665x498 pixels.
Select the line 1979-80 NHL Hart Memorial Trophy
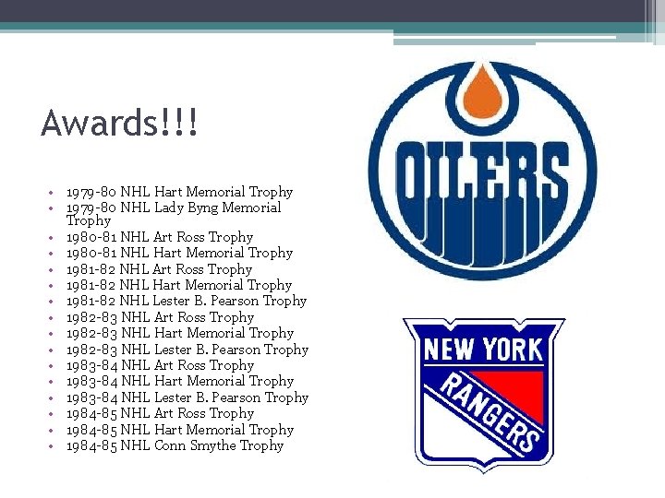(x=179, y=192)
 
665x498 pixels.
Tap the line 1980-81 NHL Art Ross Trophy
(x=159, y=237)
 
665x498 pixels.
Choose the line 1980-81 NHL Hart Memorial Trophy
(x=179, y=253)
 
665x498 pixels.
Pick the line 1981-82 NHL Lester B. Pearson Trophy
(x=187, y=301)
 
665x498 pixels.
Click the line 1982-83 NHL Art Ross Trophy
(x=160, y=317)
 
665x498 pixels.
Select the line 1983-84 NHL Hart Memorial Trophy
(x=179, y=381)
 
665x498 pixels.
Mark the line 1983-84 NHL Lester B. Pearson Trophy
(x=187, y=397)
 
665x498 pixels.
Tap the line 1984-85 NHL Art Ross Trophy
(x=160, y=413)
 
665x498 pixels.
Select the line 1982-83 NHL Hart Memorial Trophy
(x=179, y=333)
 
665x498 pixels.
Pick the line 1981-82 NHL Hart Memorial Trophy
(x=179, y=285)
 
